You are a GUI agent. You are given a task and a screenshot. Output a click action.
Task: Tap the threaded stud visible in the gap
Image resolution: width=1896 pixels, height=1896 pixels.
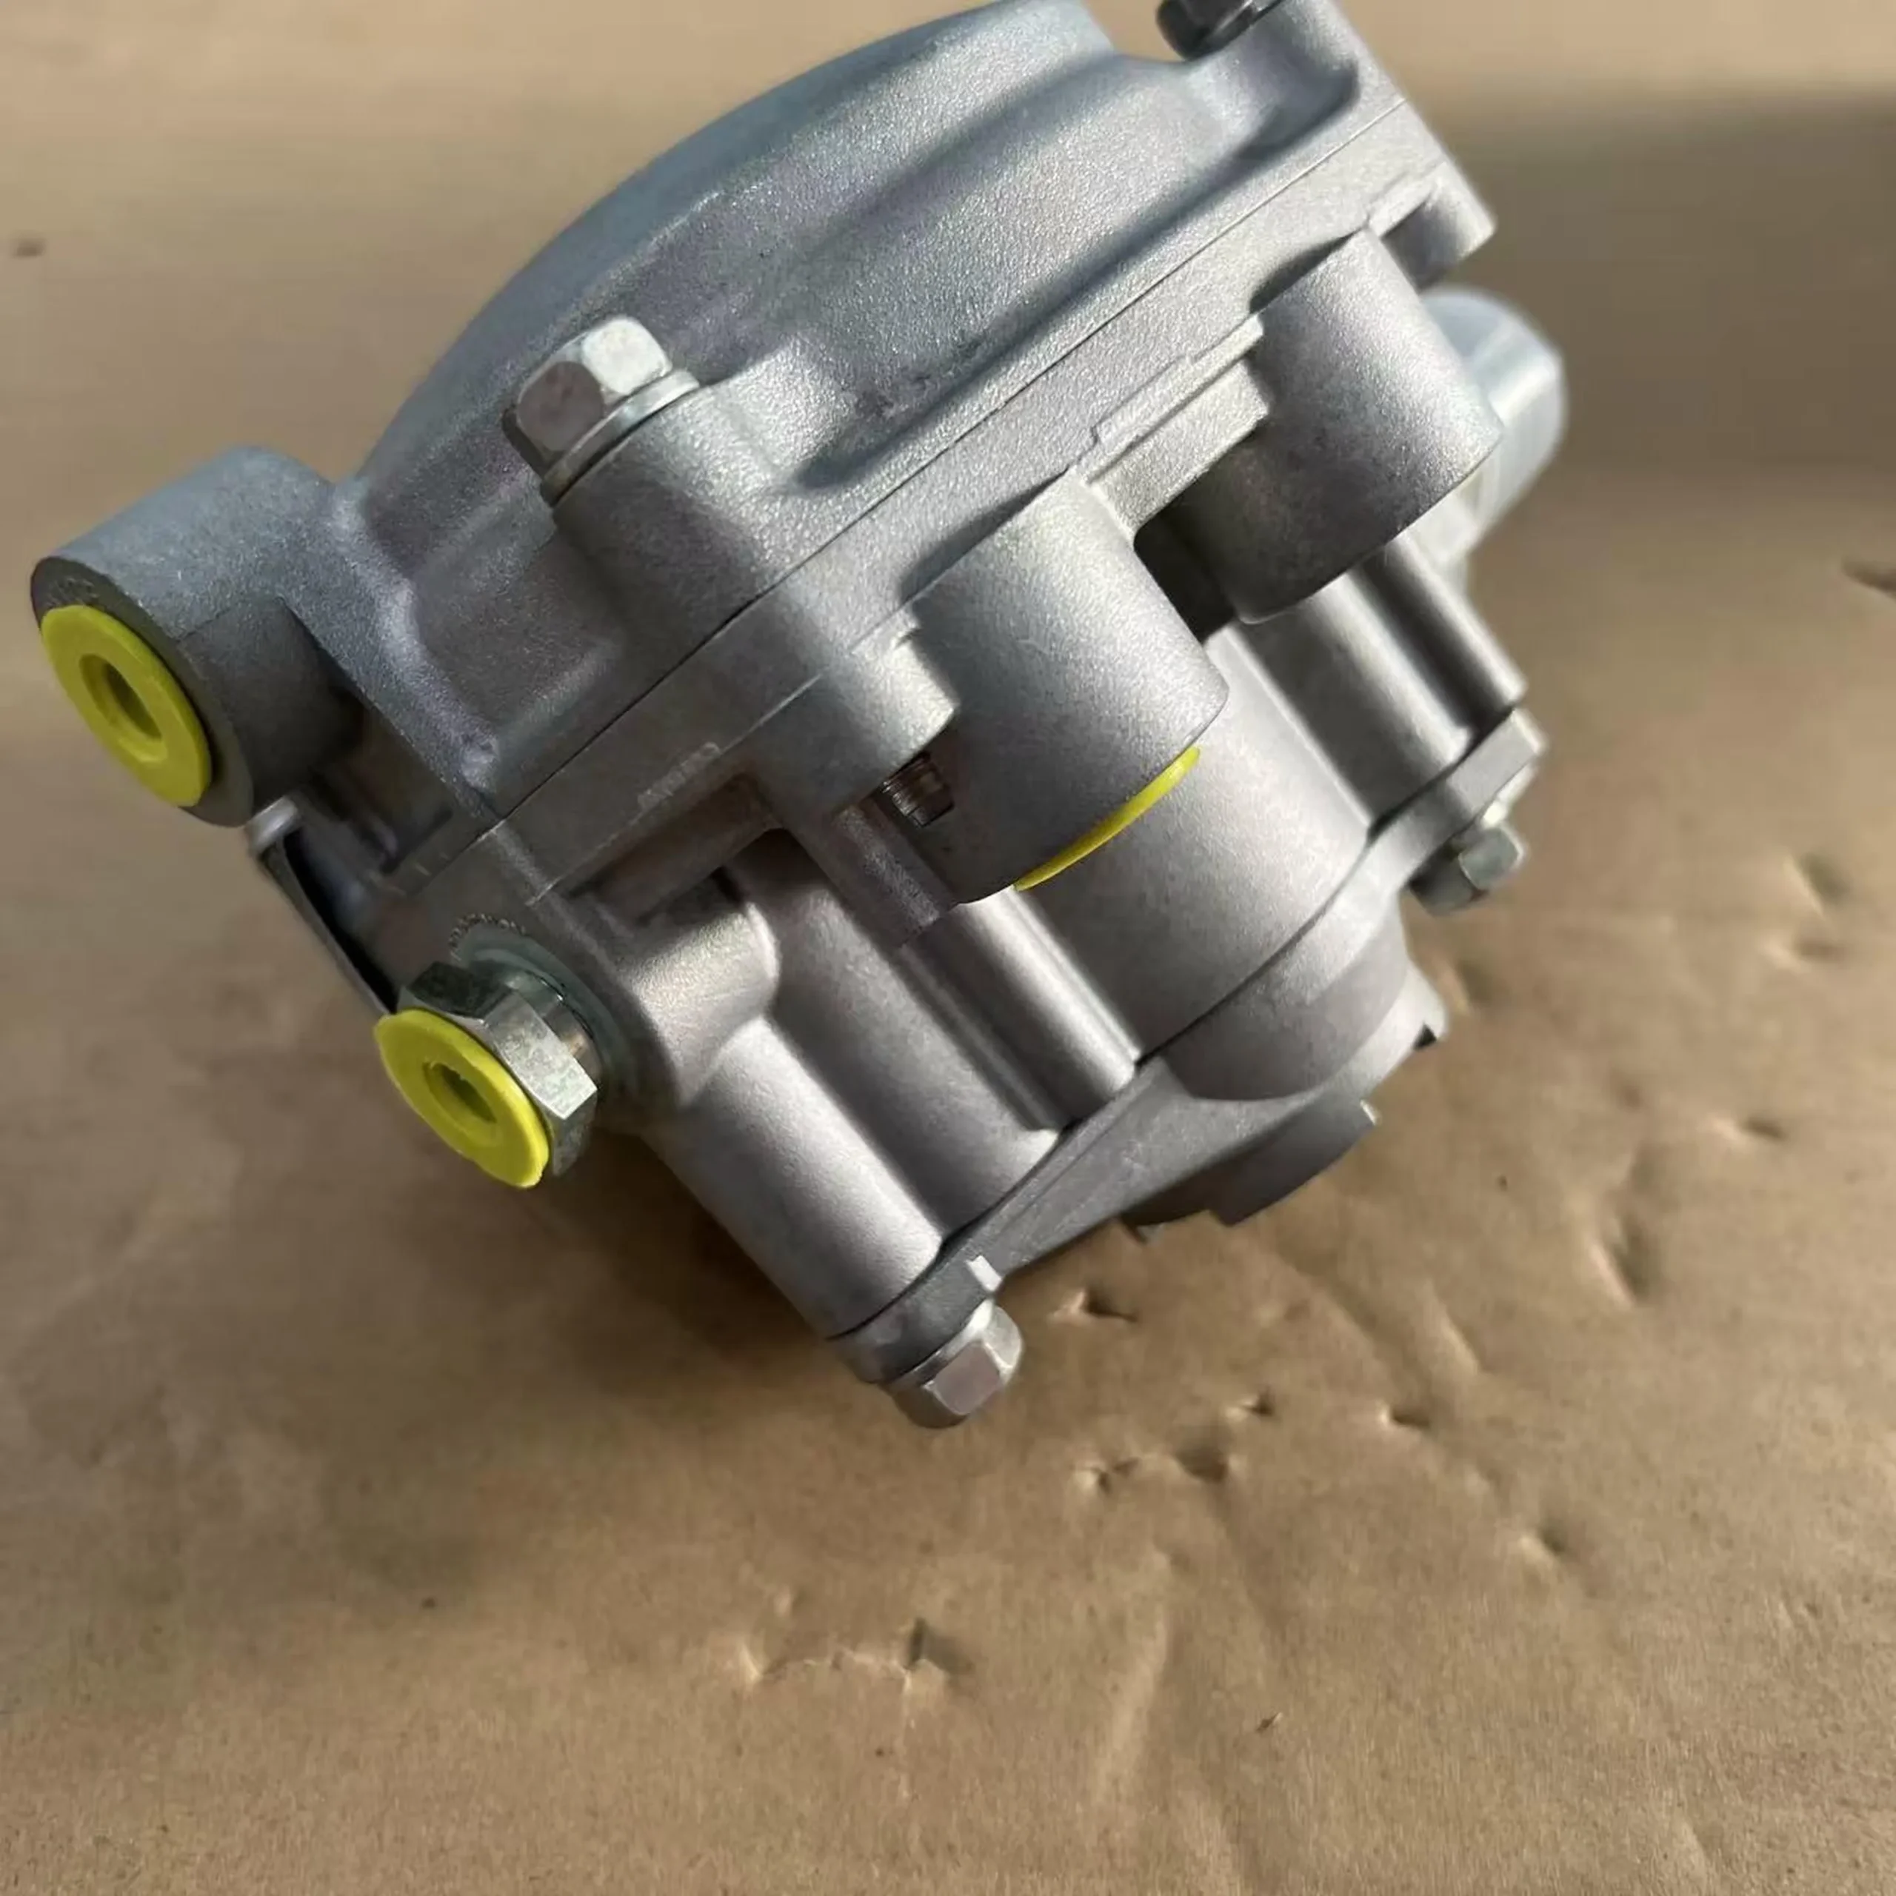coord(918,790)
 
